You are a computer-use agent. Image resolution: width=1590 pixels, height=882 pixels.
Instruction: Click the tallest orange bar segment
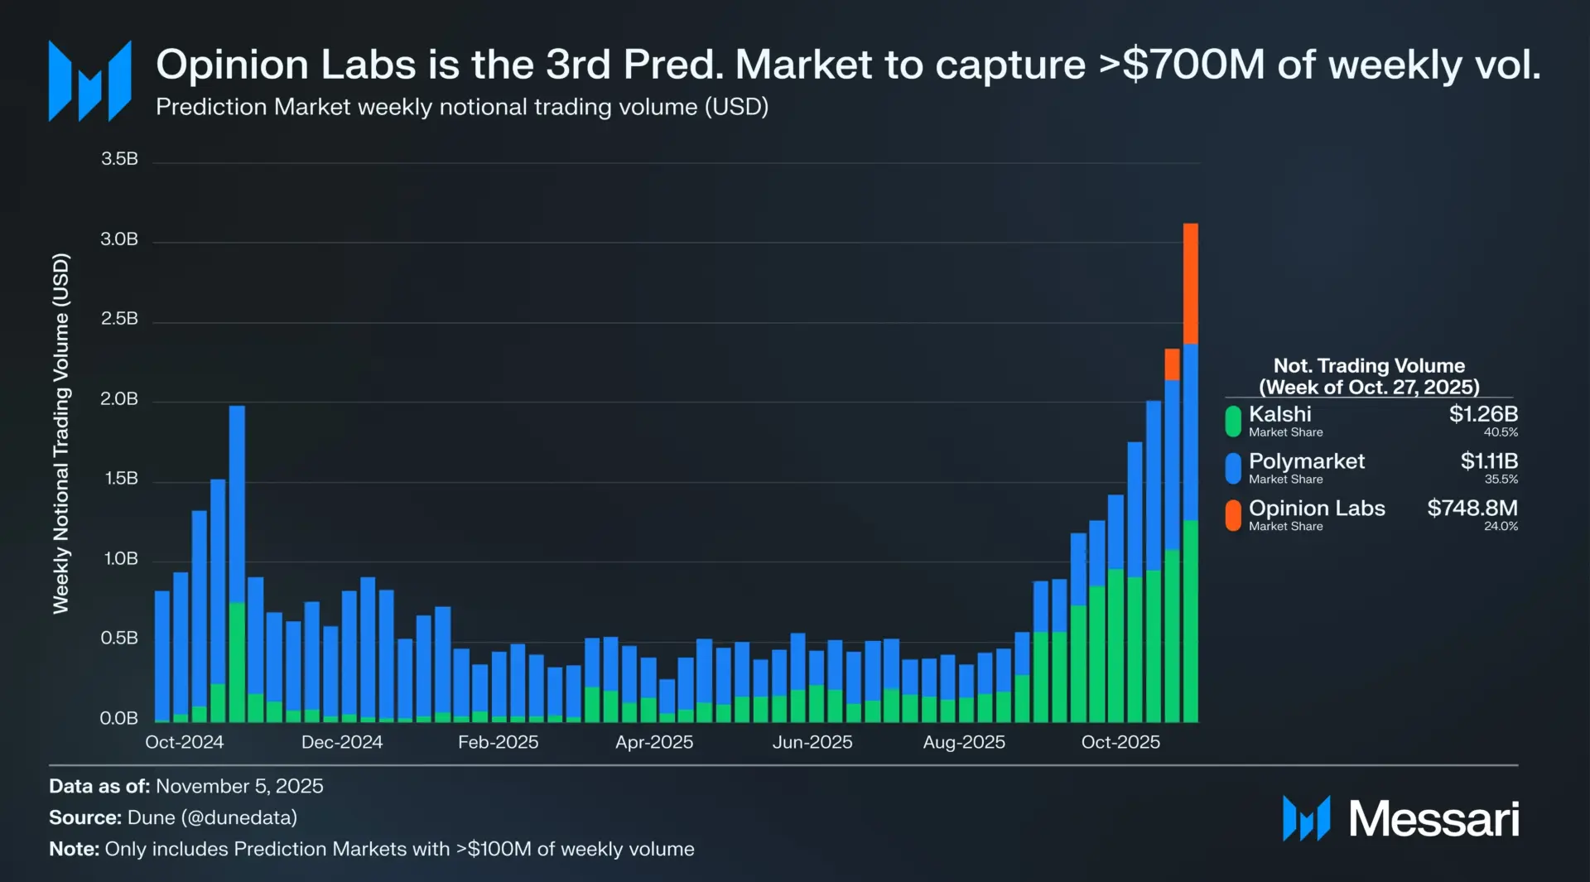coord(1190,283)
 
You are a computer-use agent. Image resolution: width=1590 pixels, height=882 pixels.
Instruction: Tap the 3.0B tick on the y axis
coord(119,240)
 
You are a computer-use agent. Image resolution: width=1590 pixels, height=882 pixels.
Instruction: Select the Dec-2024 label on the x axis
coord(341,742)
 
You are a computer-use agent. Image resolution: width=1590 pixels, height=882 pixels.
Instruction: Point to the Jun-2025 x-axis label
coord(812,742)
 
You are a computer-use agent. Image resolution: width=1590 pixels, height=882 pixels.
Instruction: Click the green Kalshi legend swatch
coord(1233,421)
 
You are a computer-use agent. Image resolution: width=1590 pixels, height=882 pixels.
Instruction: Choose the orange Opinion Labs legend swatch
coord(1233,515)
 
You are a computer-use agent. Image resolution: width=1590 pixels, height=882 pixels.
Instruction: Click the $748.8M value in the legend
coord(1472,508)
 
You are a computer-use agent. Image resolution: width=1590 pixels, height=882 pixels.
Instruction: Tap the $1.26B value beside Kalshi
coord(1482,414)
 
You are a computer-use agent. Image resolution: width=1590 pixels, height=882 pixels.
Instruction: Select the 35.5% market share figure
coord(1501,480)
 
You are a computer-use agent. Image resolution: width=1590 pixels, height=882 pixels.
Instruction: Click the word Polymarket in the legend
coord(1306,461)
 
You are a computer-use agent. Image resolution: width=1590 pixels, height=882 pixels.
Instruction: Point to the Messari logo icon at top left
coord(89,81)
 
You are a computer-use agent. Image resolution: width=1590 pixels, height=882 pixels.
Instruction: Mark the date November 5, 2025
coord(239,786)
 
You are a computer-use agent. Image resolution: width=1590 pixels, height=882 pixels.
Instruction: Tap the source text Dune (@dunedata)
coord(212,817)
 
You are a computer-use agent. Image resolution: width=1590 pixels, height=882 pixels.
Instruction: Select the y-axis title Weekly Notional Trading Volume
coord(61,433)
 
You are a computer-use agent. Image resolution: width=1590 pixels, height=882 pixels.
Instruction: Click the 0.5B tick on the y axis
coord(119,639)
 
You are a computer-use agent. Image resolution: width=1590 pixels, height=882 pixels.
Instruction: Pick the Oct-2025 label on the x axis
coord(1120,742)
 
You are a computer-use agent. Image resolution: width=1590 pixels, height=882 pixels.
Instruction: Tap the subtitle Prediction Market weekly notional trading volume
coord(461,107)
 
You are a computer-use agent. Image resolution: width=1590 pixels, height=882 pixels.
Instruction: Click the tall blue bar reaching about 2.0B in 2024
coord(237,505)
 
